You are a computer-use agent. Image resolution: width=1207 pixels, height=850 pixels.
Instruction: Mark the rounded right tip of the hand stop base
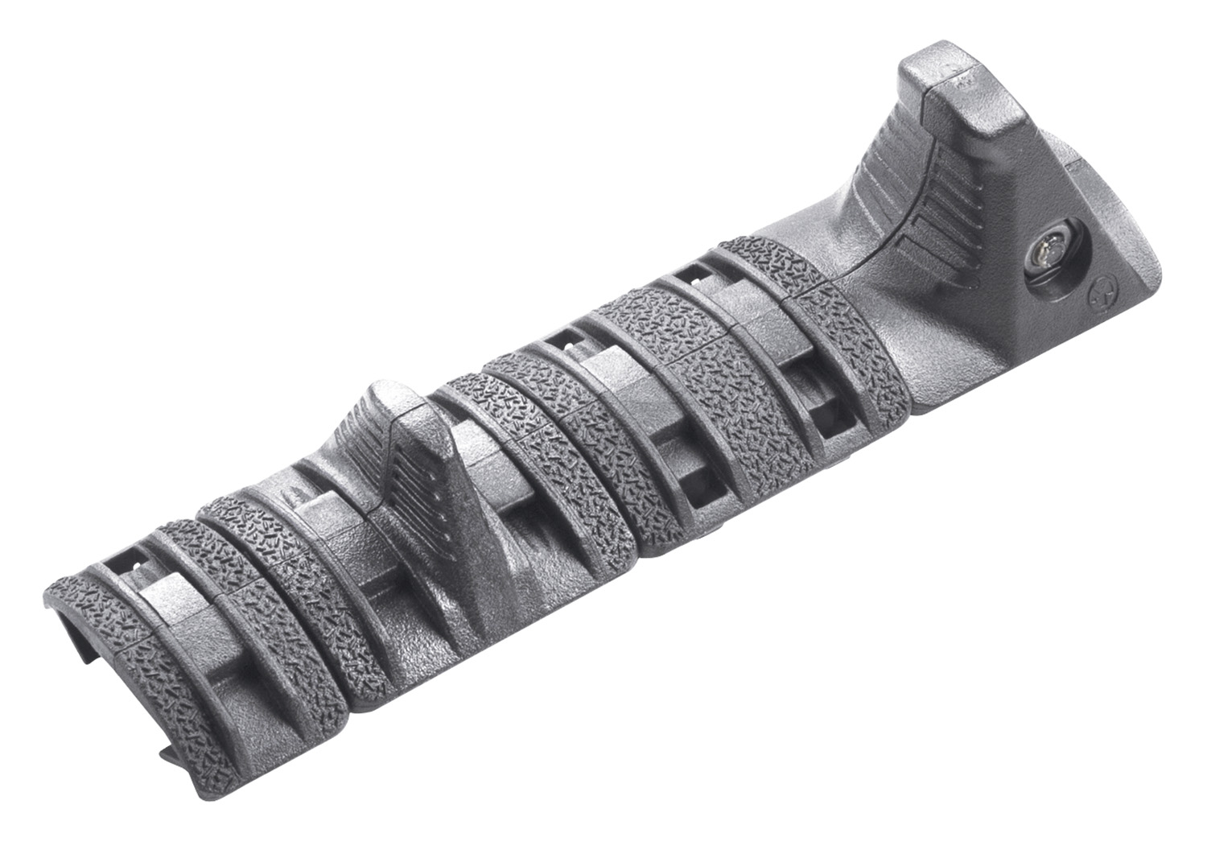(1159, 290)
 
